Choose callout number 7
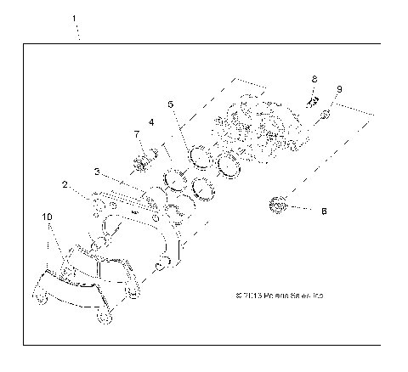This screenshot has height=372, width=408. coord(135,134)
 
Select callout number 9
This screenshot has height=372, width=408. coord(339,88)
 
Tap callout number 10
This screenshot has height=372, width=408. coord(47,217)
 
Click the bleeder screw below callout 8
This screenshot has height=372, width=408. coord(311,99)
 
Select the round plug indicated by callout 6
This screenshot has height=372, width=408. coord(276,204)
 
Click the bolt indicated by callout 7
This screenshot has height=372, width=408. coord(144,158)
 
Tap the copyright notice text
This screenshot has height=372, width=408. coord(278,296)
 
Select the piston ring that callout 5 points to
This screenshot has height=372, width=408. coord(199,155)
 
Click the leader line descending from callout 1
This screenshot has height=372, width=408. coord(78,32)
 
